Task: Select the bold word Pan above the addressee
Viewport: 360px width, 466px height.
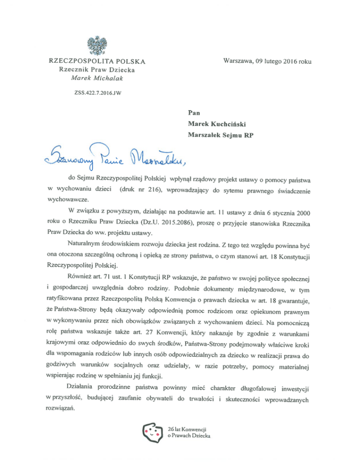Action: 194,113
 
